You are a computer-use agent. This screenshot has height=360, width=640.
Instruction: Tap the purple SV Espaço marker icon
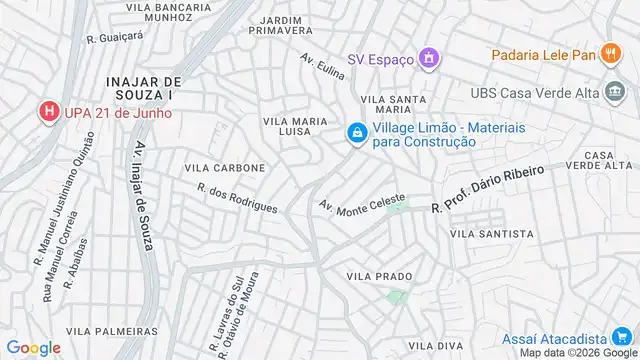[428, 59]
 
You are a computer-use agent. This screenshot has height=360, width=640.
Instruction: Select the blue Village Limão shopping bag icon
[356, 133]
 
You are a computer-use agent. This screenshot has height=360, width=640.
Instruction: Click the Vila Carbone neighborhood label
[225, 168]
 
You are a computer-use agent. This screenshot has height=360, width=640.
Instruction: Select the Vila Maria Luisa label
[295, 127]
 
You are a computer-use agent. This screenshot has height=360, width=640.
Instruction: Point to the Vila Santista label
[492, 233]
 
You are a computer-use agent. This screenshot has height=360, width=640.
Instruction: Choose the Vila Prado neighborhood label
[379, 275]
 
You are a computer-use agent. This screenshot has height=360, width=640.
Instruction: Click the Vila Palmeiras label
[111, 330]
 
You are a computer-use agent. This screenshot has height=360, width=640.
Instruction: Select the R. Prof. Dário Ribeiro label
[488, 189]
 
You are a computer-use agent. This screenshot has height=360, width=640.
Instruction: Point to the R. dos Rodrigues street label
[237, 196]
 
